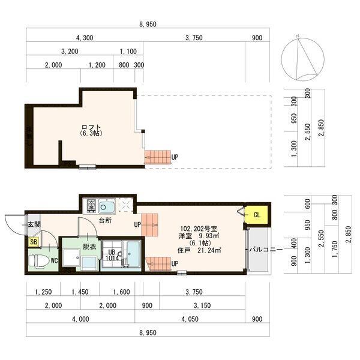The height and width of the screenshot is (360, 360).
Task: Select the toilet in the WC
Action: coord(41,260)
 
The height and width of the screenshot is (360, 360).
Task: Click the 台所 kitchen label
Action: coord(104,221)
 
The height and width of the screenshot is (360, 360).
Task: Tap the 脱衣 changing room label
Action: coord(89,246)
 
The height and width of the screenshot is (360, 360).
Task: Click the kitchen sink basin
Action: coord(107,207)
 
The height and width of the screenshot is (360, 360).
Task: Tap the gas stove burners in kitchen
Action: coord(91,206)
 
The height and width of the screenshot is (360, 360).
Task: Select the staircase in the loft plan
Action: coord(158,157)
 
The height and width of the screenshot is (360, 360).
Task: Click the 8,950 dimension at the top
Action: coord(148,25)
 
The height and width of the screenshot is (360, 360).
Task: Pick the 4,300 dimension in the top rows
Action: coord(83,38)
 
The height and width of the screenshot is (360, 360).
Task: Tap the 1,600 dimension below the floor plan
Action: coord(121,292)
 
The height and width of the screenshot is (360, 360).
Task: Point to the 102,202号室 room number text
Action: coord(199,228)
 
